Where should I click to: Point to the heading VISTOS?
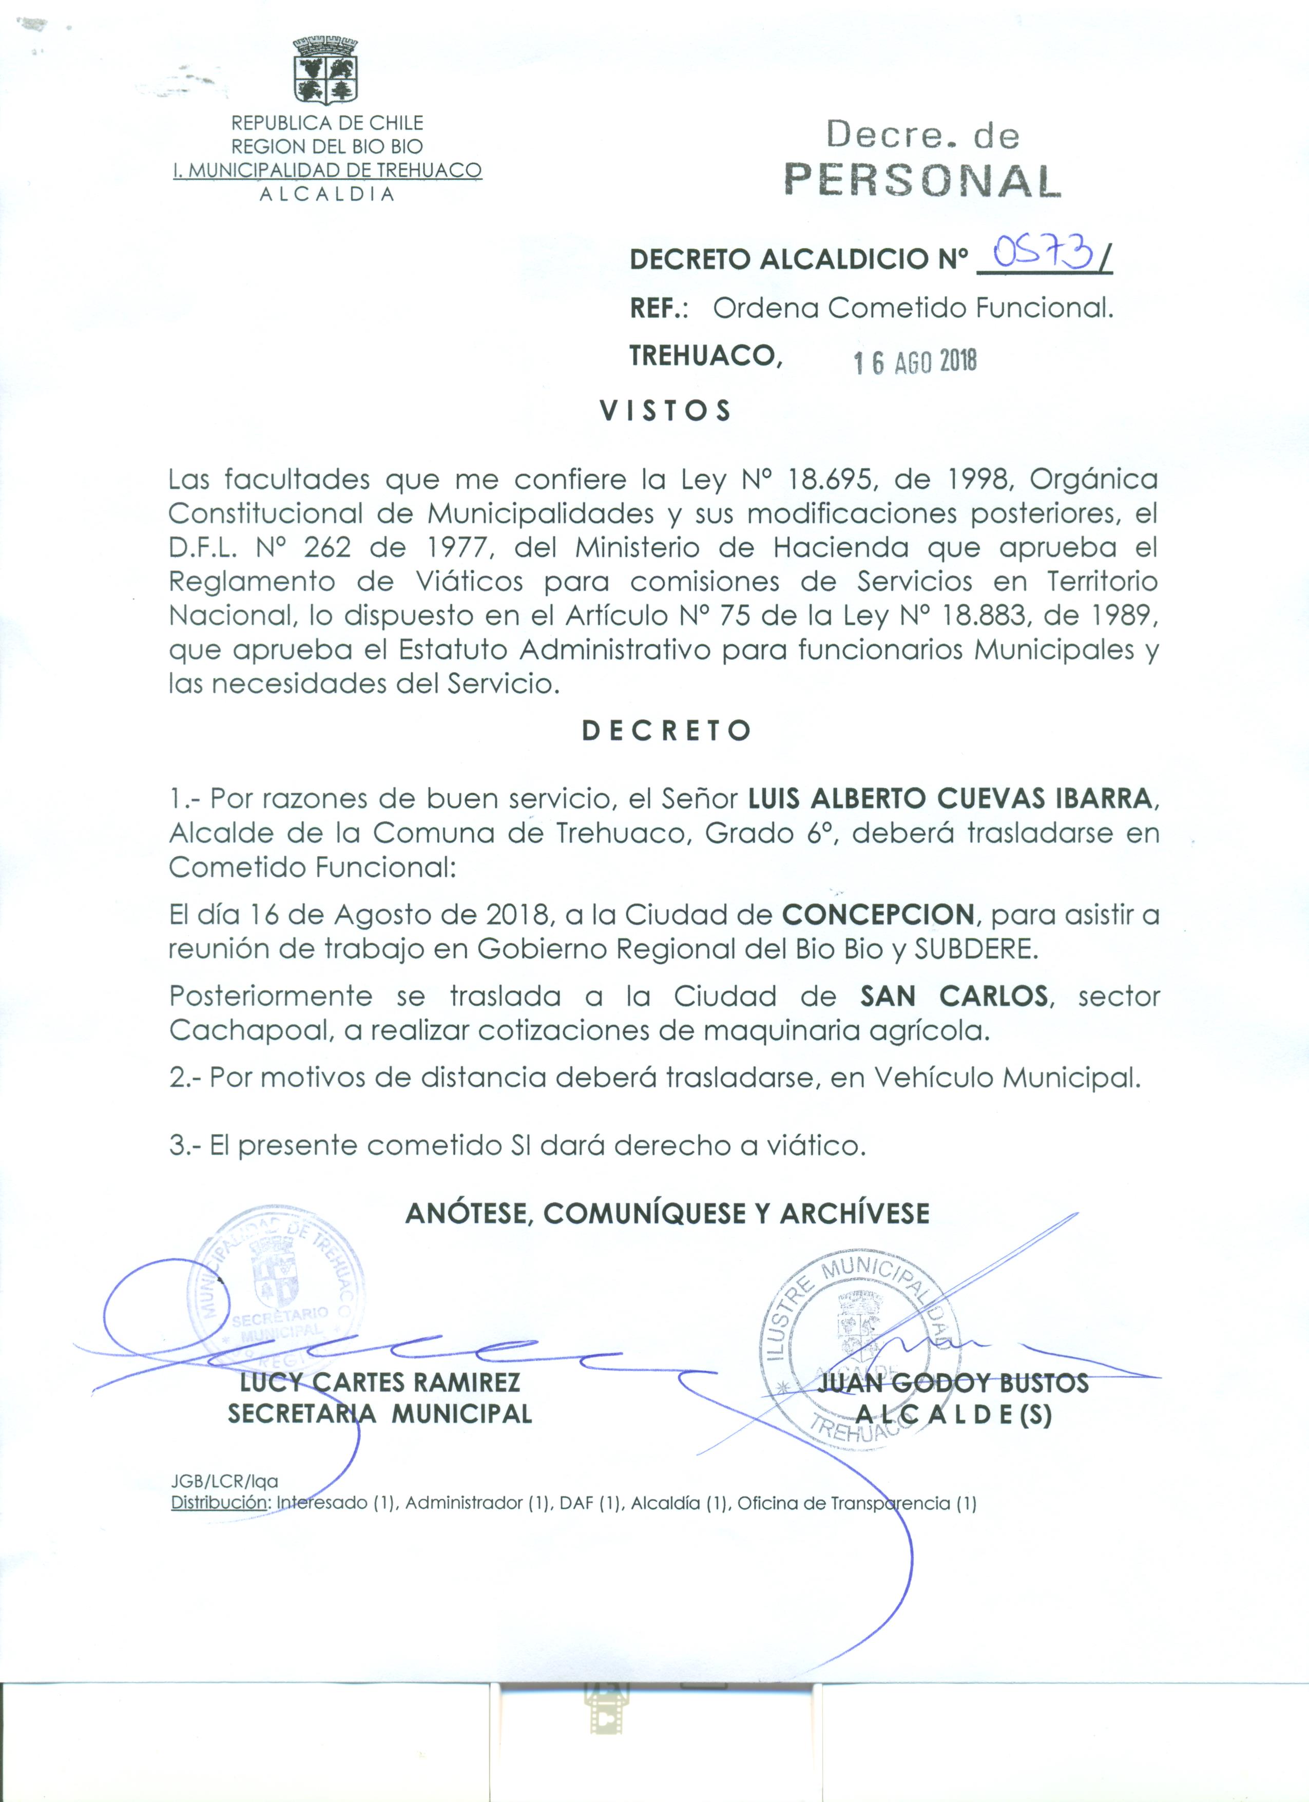tap(666, 411)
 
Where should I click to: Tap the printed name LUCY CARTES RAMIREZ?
tap(380, 1383)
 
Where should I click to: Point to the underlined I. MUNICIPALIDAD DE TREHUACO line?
tap(328, 170)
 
